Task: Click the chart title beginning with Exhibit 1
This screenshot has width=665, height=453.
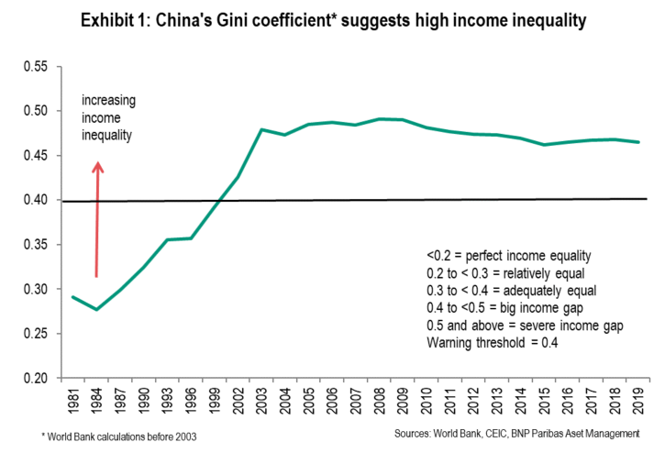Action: [x=332, y=19]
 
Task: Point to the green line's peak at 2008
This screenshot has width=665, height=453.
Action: [x=378, y=119]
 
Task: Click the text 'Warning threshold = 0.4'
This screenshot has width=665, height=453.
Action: [x=490, y=343]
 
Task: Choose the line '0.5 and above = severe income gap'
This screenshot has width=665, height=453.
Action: [x=519, y=326]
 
